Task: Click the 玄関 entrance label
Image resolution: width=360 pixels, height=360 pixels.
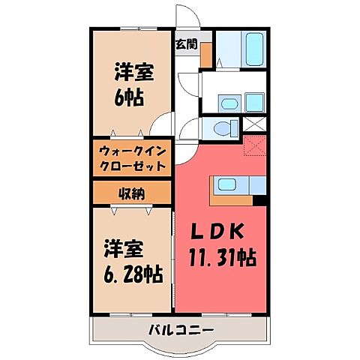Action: (x=187, y=44)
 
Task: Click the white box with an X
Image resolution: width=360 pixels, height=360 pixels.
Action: (x=256, y=126)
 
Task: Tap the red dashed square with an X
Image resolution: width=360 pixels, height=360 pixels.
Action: (x=255, y=147)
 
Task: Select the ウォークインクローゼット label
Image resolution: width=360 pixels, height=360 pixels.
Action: (x=133, y=157)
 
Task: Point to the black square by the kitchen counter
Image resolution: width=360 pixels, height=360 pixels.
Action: (x=259, y=199)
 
